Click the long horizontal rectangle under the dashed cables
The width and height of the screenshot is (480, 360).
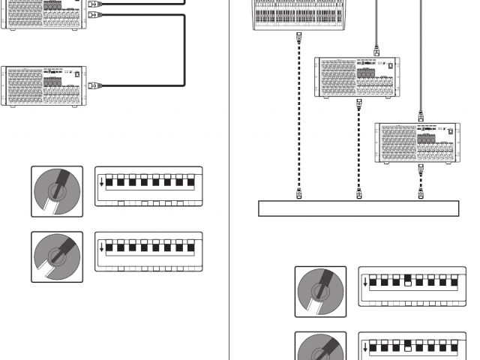(x=358, y=208)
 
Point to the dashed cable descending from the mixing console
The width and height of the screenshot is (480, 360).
(x=299, y=112)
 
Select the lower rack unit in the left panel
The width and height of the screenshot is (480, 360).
(x=44, y=88)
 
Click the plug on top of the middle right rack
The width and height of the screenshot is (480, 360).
(x=373, y=50)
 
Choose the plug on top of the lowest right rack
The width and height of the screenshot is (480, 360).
(x=421, y=116)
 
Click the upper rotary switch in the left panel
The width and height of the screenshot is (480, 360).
(x=57, y=191)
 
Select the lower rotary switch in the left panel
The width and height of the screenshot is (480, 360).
(x=57, y=256)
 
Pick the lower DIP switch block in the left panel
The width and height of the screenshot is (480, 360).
(x=148, y=251)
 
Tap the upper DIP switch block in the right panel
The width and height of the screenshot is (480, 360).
(x=412, y=286)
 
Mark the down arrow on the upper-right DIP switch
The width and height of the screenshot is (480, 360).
(x=365, y=283)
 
